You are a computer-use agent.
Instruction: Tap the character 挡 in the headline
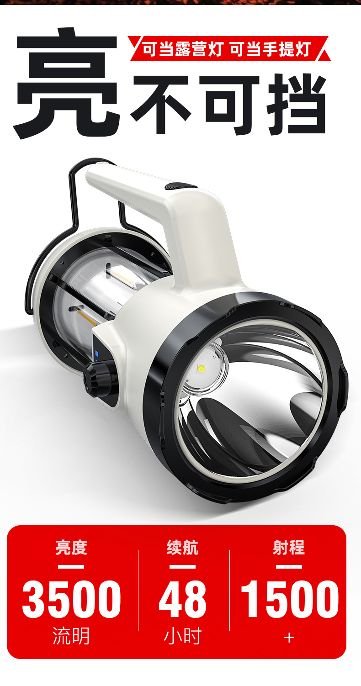296,104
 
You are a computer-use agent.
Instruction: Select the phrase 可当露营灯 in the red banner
182,49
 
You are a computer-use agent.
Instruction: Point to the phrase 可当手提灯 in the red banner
270,49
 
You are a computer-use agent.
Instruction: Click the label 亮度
71,547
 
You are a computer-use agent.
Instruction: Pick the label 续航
183,547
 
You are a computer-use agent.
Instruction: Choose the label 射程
289,547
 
